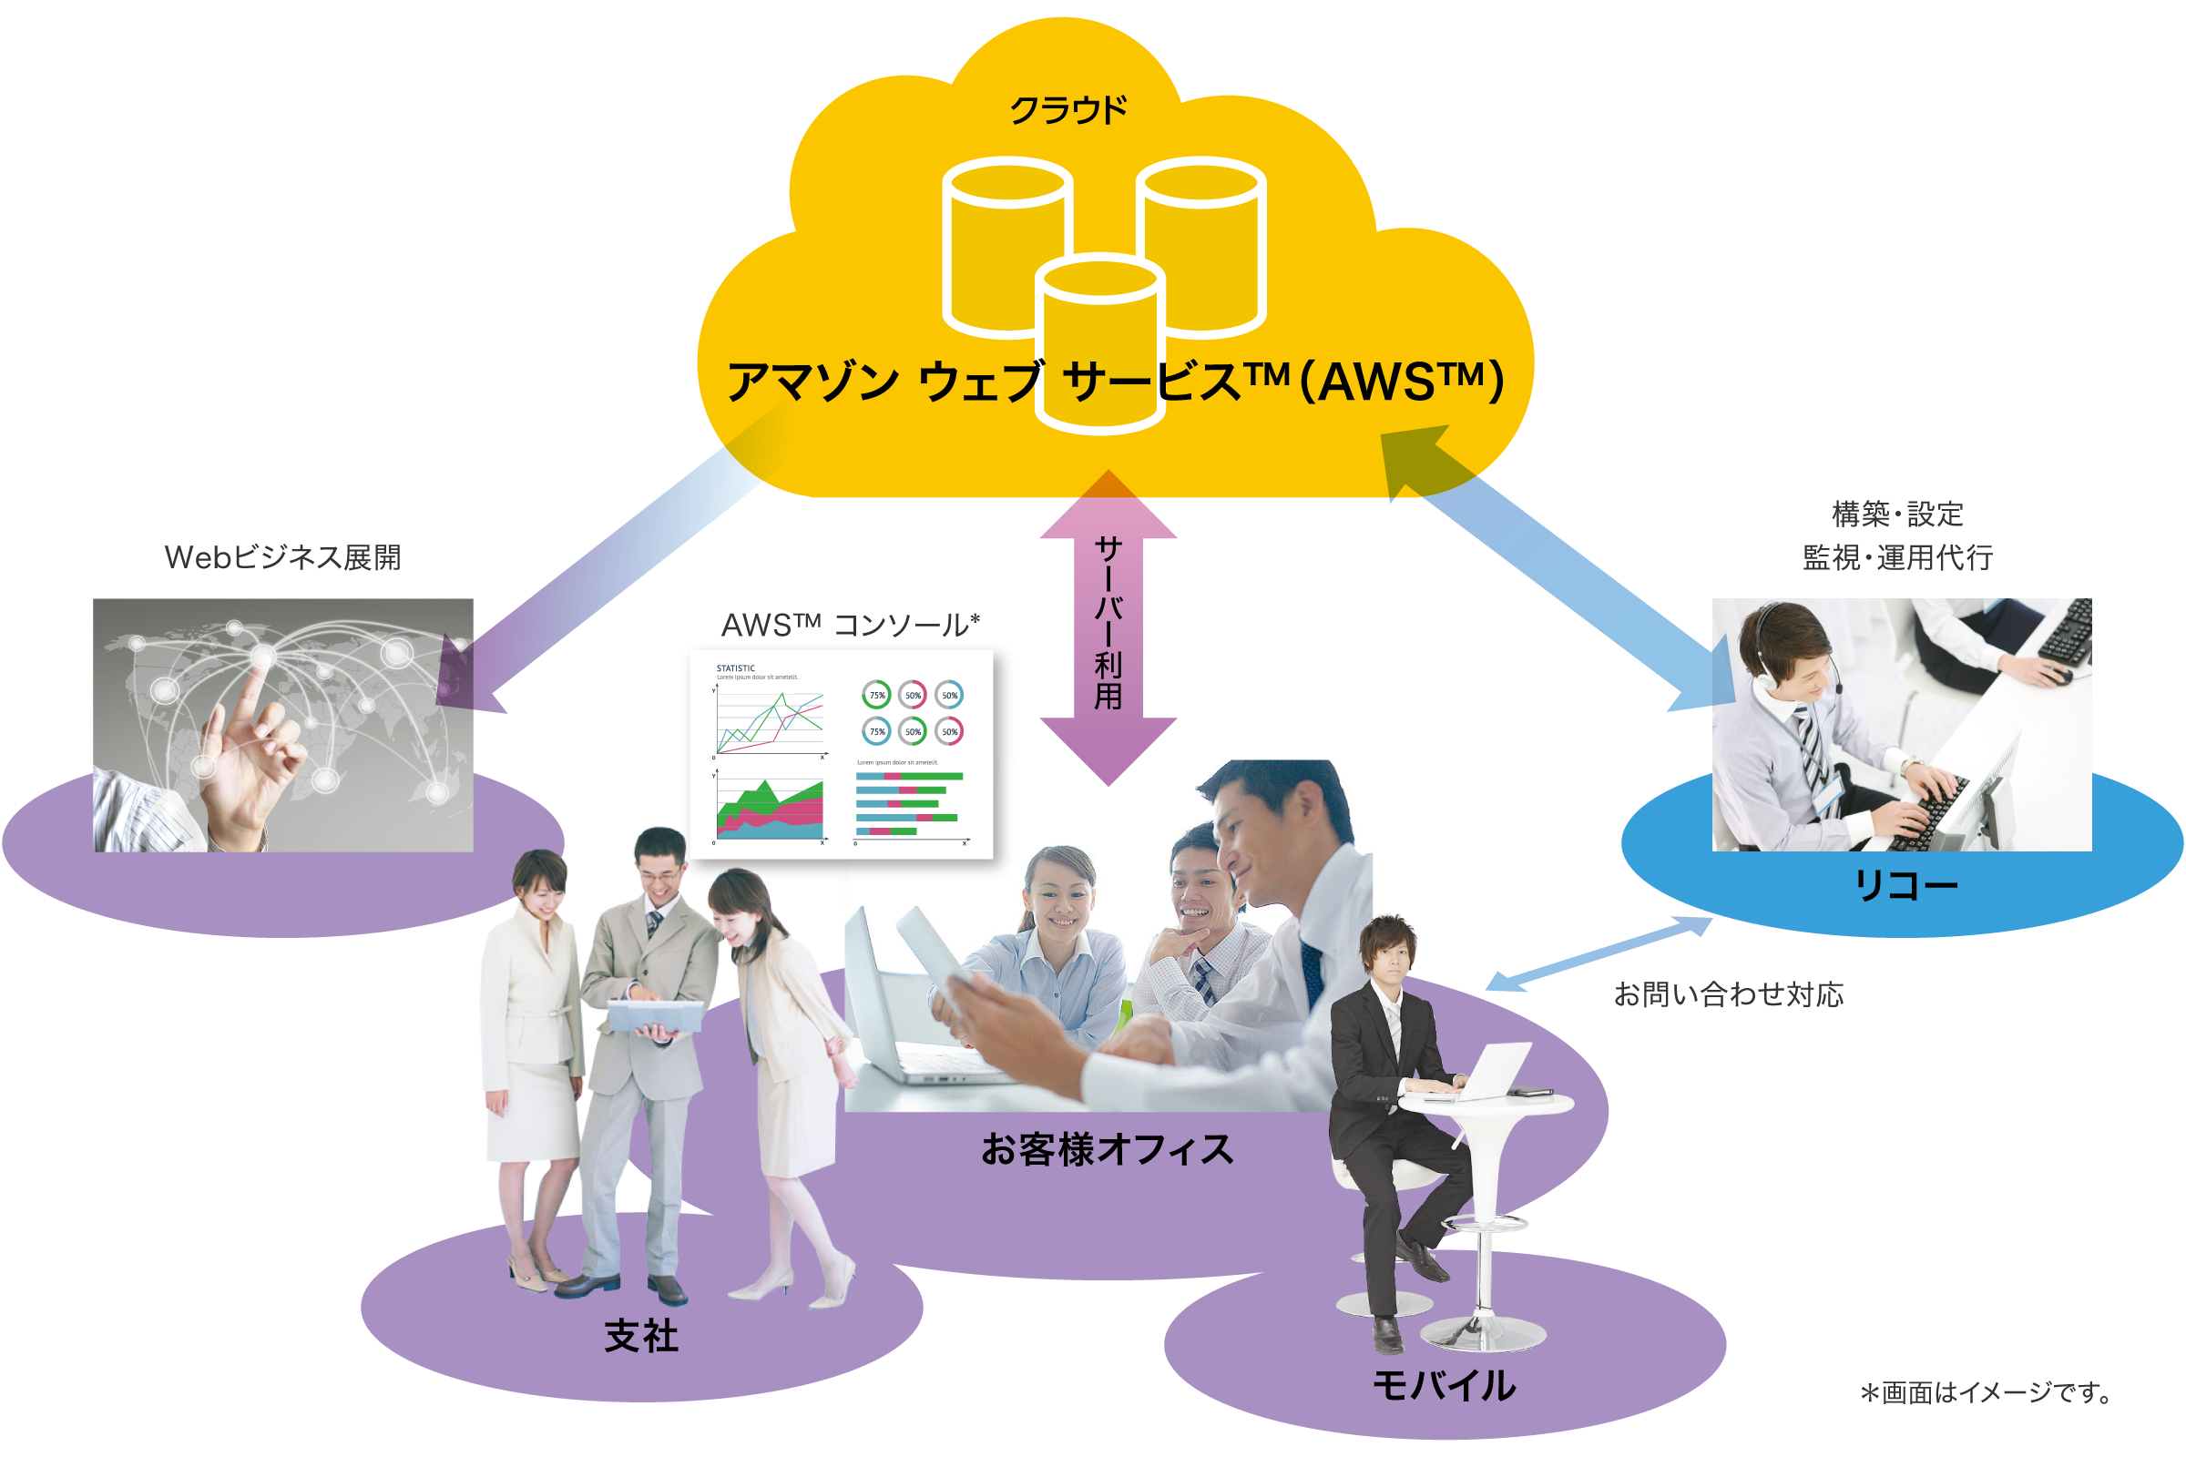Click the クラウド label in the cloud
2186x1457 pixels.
(1067, 109)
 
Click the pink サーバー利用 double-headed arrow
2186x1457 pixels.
(1108, 627)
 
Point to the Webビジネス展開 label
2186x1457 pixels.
(282, 557)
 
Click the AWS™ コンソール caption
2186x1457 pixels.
(850, 625)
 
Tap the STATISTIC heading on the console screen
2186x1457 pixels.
(735, 668)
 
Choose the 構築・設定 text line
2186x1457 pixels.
(1897, 513)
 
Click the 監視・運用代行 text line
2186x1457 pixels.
(1897, 557)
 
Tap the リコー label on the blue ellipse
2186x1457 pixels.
(1905, 884)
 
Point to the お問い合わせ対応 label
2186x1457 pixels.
(1728, 994)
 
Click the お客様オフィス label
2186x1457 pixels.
(1107, 1149)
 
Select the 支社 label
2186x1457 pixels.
(641, 1336)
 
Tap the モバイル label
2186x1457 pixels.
(1444, 1385)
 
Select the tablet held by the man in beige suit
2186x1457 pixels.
(655, 1015)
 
